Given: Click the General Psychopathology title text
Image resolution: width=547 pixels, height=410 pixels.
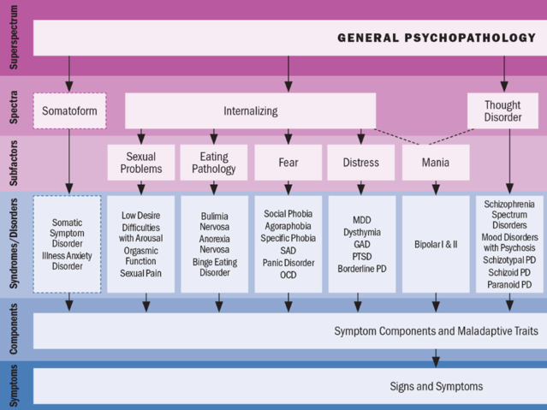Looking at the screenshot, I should [x=436, y=38].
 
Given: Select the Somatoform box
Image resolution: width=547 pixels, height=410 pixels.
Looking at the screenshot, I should [x=69, y=111].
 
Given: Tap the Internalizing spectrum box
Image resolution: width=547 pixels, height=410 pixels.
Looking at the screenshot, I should [x=250, y=111].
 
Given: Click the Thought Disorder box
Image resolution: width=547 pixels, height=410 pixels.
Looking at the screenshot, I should [x=502, y=111].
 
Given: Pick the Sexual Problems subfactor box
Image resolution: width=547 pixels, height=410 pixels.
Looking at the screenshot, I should [x=141, y=163].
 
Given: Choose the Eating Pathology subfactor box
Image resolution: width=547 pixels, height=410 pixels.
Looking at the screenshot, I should [x=214, y=163].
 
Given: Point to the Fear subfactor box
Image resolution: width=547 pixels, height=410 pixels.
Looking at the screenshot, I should [x=288, y=163].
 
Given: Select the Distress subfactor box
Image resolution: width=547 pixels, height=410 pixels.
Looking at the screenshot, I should [x=360, y=163].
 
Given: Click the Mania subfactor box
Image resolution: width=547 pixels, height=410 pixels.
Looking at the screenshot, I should [x=436, y=163].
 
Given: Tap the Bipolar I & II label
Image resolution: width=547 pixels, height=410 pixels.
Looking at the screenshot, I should [x=436, y=244].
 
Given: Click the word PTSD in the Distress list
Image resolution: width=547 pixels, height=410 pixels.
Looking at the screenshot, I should [x=360, y=256].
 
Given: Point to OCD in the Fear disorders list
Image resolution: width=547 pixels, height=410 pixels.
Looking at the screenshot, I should [x=288, y=275].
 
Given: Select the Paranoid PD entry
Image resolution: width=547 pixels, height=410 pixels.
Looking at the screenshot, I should [x=509, y=284].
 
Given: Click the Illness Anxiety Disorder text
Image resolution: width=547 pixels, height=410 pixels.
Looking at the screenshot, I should [x=67, y=261].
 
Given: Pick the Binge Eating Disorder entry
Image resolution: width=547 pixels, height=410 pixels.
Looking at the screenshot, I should [x=214, y=267].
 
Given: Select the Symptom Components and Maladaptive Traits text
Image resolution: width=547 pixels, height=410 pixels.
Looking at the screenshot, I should [x=436, y=331].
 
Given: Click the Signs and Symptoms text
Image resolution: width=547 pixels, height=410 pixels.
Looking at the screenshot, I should [x=436, y=386].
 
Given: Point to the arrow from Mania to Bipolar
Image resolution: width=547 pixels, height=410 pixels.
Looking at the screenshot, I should [x=436, y=187].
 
